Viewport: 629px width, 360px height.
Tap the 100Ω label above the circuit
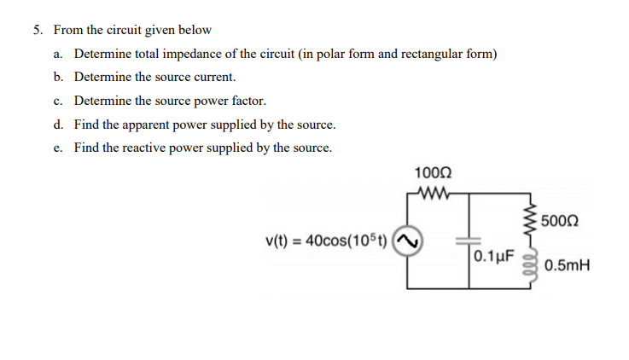428,174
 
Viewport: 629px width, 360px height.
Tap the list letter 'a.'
57,54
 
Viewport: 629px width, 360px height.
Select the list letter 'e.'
57,148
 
